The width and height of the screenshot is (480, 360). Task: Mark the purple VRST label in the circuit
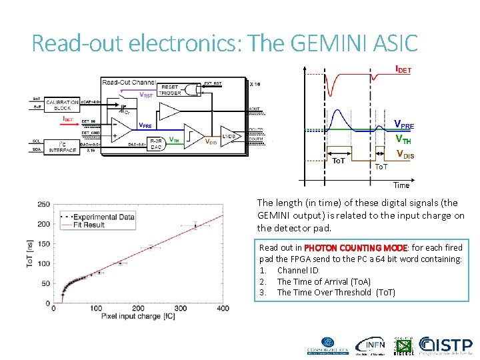146,95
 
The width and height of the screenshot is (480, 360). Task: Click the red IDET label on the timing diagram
403,69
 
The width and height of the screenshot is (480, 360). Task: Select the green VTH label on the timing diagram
403,139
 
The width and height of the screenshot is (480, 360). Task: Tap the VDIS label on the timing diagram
405,155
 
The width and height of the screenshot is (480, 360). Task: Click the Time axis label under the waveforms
401,185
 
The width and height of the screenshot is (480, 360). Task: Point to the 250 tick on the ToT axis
43,204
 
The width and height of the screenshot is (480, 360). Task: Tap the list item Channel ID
297,270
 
